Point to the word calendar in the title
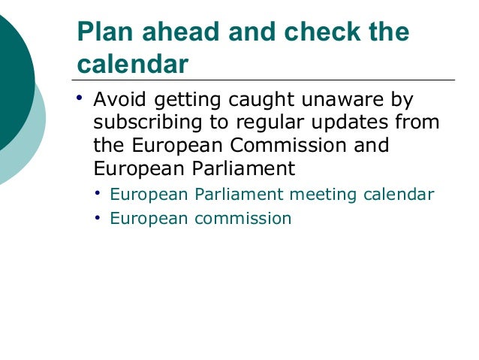coord(132,65)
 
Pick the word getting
coord(190,100)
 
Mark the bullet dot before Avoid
coord(81,99)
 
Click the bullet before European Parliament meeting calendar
coord(98,194)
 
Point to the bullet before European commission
coord(98,218)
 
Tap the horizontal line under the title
coord(263,80)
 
